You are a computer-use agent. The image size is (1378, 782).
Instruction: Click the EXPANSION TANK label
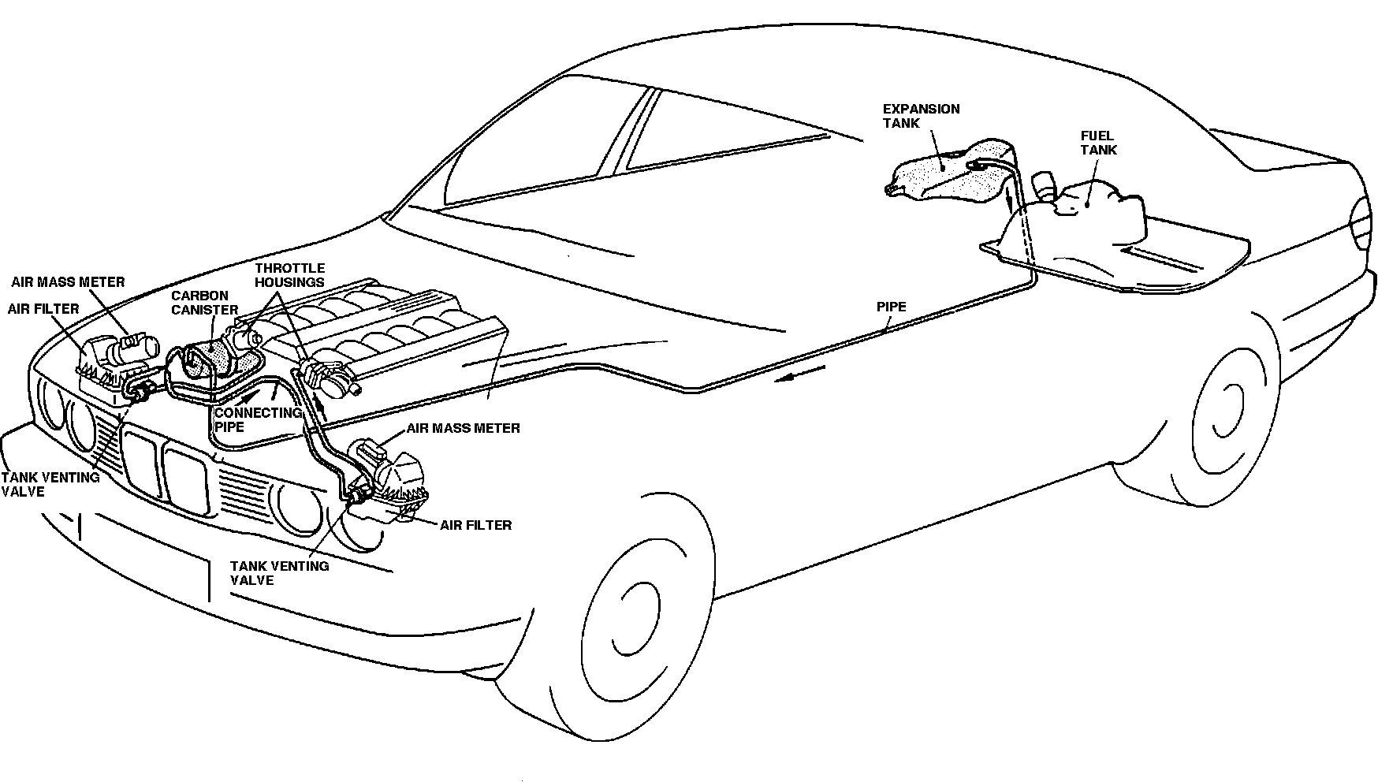click(920, 116)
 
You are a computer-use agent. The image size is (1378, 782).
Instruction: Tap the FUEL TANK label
click(1097, 143)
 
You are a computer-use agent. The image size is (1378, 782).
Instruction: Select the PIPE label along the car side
click(891, 307)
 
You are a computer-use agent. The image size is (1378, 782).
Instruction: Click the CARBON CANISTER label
click(204, 303)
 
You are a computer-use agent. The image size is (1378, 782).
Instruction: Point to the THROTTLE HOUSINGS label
click(289, 275)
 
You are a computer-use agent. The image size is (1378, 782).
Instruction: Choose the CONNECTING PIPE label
click(257, 419)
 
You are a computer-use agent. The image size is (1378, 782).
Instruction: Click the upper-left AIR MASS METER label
click(68, 281)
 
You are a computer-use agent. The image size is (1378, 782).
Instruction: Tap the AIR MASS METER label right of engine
click(463, 428)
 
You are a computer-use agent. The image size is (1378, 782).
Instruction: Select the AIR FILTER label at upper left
click(43, 308)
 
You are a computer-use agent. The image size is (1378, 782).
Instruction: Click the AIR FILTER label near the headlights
click(475, 524)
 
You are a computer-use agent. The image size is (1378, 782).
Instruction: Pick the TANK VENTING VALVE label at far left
click(50, 484)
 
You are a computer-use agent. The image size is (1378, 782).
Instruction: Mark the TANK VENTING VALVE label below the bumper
click(279, 572)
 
